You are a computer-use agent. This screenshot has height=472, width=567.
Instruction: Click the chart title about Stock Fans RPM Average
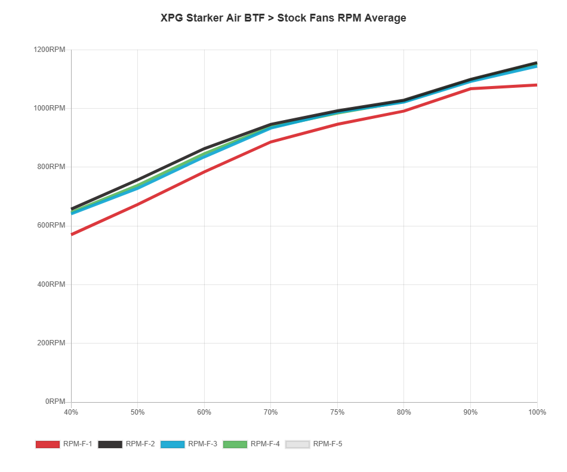283,18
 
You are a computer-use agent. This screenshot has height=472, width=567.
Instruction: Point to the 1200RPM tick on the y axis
50,50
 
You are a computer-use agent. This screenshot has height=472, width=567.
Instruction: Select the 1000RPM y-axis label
50,108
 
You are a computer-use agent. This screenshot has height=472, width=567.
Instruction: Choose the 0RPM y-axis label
55,401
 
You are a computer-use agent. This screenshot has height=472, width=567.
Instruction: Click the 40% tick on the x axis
71,412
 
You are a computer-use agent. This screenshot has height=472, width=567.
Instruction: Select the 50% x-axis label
138,412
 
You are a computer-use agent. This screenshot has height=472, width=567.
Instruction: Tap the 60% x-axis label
204,412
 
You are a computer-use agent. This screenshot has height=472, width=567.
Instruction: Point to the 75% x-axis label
337,412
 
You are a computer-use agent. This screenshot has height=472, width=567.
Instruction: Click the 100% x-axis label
537,412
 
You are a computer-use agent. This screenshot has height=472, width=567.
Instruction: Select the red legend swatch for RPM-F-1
48,444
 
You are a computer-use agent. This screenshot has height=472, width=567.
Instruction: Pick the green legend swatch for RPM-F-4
236,444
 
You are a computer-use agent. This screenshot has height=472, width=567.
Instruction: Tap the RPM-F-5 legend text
328,444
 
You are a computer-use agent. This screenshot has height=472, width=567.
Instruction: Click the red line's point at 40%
71,235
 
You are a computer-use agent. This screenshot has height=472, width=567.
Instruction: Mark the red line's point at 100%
537,85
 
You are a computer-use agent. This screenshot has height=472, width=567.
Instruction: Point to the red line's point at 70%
271,142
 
